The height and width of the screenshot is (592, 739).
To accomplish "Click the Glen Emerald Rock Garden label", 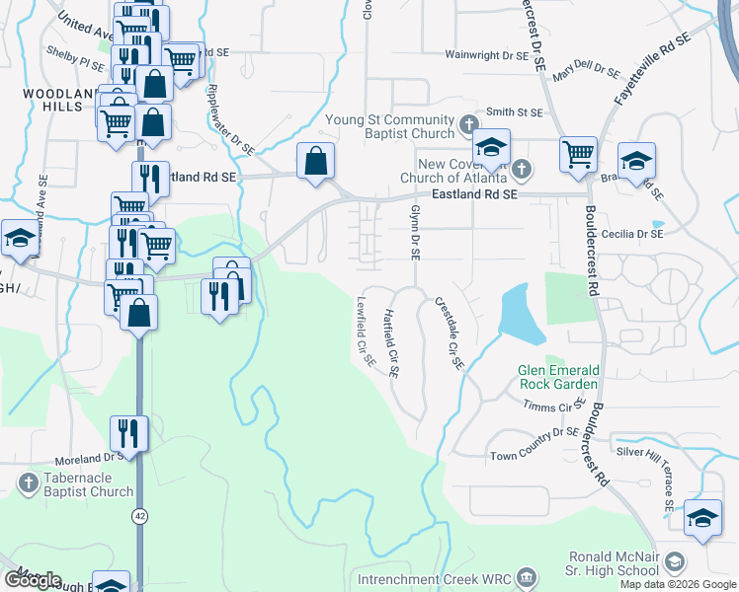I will click(558, 377).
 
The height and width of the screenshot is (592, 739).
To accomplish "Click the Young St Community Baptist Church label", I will click(388, 123).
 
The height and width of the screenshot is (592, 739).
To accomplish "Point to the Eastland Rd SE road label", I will click(477, 195).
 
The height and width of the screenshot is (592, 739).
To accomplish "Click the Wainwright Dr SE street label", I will click(486, 56).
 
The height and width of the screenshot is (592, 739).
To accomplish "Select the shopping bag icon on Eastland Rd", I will click(315, 161).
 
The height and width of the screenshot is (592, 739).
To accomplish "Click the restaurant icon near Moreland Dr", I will click(129, 431).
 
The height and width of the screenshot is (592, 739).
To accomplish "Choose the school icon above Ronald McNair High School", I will click(702, 517).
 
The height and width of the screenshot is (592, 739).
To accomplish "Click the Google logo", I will click(32, 580).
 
